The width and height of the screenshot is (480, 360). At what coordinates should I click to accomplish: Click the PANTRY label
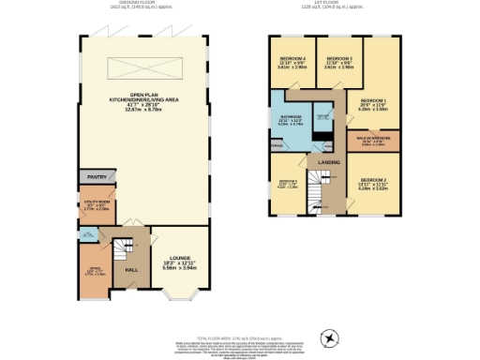(x=97, y=176)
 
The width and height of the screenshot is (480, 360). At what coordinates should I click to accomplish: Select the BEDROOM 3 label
(x=338, y=64)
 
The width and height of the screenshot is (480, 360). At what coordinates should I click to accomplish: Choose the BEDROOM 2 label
(x=373, y=184)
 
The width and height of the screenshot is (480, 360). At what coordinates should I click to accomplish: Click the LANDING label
(x=329, y=163)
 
